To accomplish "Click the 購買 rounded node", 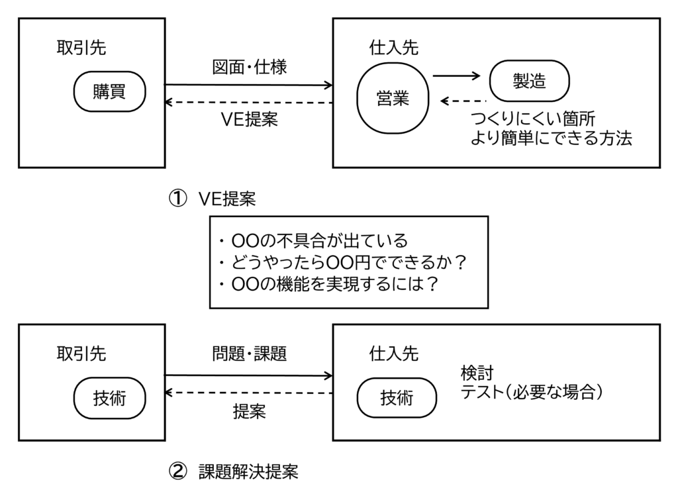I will tap(109, 92).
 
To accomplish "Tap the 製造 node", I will tap(529, 80).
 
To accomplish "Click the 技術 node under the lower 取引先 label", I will tap(109, 398).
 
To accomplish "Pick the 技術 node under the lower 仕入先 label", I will tap(397, 398).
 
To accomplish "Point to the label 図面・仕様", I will tap(249, 67).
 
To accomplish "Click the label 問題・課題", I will tap(249, 354).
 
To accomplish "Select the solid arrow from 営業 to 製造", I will tap(456, 76).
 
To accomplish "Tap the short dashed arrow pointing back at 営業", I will tap(463, 101).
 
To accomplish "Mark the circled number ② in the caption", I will tap(177, 471).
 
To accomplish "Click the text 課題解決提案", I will tap(248, 471).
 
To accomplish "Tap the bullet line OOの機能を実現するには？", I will tap(328, 285).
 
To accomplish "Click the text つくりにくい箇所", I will tap(532, 119).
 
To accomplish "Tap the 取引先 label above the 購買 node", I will tap(81, 48).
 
